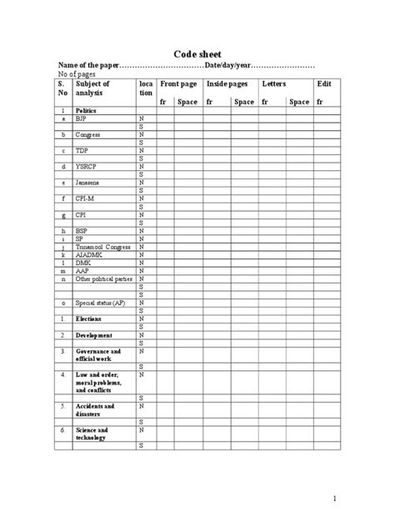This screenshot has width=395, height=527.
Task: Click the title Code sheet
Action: pyautogui.click(x=197, y=53)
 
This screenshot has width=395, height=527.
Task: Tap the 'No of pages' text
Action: pyautogui.click(x=77, y=74)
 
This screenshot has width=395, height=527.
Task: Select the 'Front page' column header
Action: pyautogui.click(x=180, y=84)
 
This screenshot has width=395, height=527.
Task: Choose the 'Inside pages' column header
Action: pyautogui.click(x=228, y=84)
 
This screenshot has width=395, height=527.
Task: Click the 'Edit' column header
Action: pyautogui.click(x=324, y=84)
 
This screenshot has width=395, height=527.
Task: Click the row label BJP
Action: pyautogui.click(x=82, y=119)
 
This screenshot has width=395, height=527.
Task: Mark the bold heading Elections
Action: pyautogui.click(x=89, y=319)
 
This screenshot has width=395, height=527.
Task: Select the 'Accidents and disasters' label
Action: pyautogui.click(x=95, y=410)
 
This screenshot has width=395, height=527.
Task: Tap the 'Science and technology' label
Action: pyautogui.click(x=92, y=434)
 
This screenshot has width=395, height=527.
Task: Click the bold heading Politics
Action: pyautogui.click(x=86, y=111)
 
